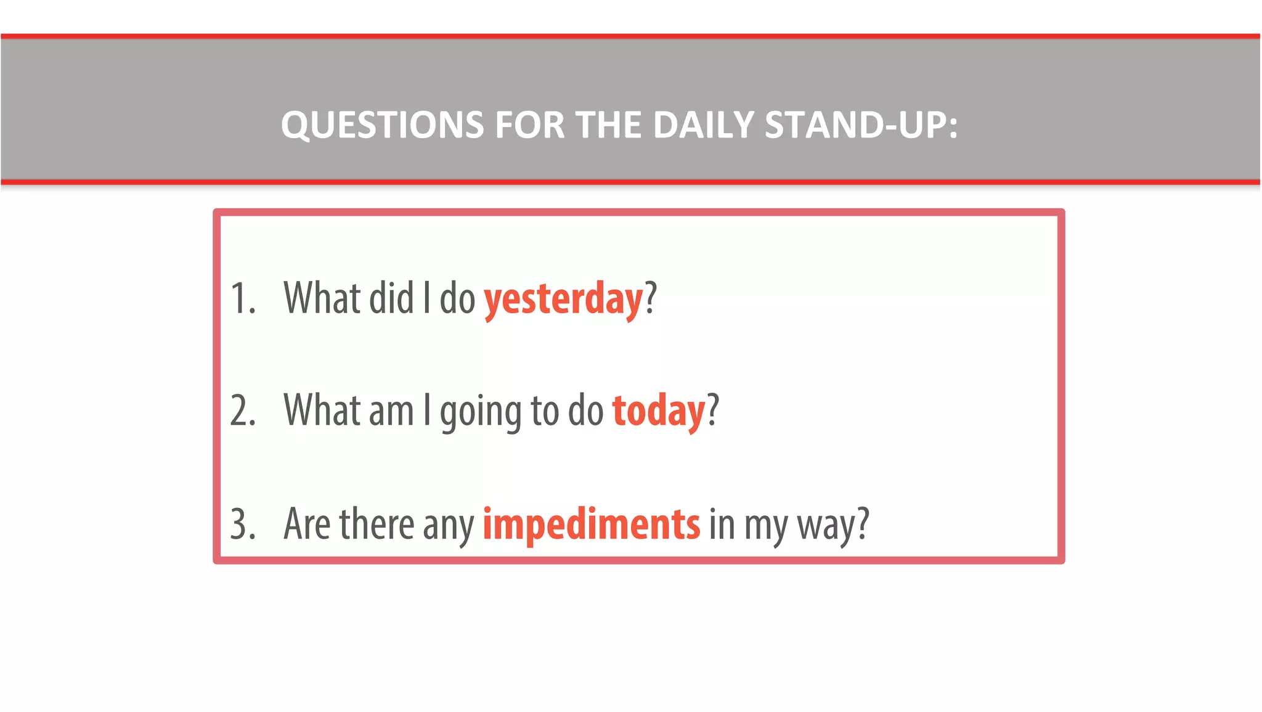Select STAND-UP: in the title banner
click(x=861, y=125)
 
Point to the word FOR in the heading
click(x=529, y=125)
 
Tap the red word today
click(x=658, y=412)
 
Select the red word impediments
click(x=591, y=525)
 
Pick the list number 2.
click(x=242, y=412)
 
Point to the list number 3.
click(x=242, y=525)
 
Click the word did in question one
click(x=391, y=298)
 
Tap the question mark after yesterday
click(x=651, y=298)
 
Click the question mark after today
click(x=713, y=411)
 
